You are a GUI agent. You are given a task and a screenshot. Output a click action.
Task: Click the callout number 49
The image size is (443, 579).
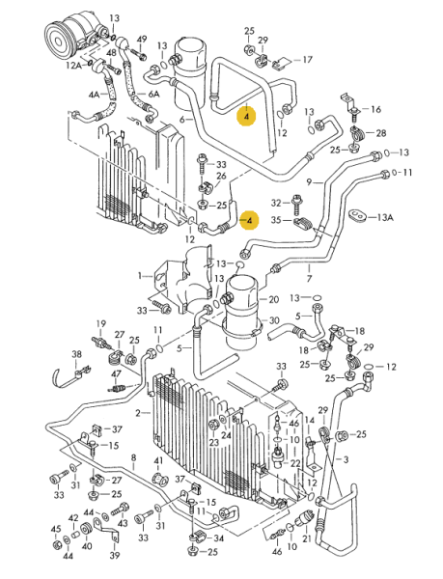click(142, 40)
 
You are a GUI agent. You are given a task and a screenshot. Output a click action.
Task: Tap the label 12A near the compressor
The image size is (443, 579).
click(73, 66)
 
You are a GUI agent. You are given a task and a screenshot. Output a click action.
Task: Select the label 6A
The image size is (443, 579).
click(153, 95)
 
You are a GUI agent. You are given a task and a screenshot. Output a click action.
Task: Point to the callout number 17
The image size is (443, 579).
click(307, 60)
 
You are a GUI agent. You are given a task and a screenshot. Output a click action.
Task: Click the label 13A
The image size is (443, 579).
click(385, 217)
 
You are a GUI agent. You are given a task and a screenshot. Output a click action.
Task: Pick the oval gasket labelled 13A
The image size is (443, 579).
click(358, 215)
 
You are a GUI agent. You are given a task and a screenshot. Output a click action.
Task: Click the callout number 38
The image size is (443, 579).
click(76, 354)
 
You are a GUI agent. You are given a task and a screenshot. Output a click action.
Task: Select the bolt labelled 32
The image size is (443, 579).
click(295, 205)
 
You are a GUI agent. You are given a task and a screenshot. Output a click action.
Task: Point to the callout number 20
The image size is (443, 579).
click(273, 299)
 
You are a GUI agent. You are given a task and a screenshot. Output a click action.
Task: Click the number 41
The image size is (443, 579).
click(158, 460)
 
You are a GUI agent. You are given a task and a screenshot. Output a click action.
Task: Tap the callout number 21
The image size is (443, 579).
click(307, 538)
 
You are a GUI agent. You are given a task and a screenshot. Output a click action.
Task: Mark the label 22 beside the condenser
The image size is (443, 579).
click(295, 463)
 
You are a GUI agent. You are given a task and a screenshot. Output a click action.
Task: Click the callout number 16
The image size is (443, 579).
click(375, 109)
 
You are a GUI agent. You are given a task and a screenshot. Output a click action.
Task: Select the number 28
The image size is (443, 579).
click(380, 132)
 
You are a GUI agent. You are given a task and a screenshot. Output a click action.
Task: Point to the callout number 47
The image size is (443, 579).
click(116, 374)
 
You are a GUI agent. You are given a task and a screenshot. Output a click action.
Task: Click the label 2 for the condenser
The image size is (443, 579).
click(138, 413)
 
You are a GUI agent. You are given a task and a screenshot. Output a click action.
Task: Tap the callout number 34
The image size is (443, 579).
click(218, 538)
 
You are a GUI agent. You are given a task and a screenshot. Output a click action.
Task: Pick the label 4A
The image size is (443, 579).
click(94, 95)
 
